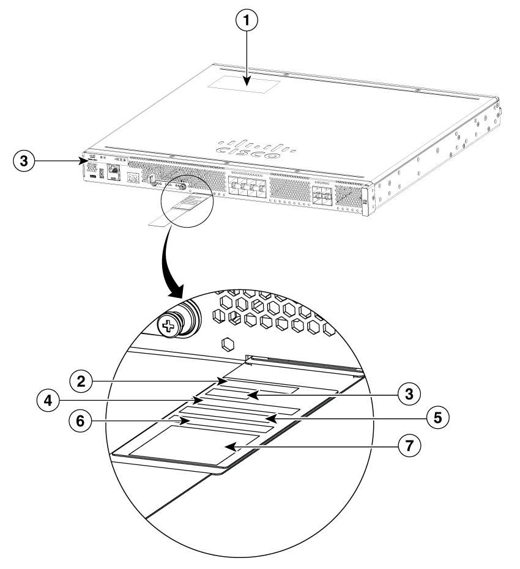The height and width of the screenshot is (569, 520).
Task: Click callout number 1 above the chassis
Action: point(248,20)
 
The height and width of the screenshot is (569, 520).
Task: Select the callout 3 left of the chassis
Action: point(23,161)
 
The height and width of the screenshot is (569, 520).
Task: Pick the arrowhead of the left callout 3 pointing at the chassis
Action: point(83,161)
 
